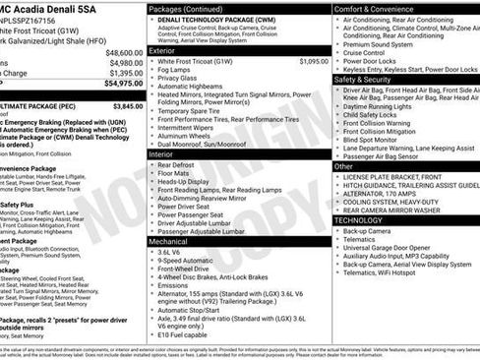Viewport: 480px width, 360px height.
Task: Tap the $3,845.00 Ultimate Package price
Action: pyautogui.click(x=127, y=104)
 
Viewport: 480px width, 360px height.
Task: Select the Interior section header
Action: pyautogui.click(x=160, y=154)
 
